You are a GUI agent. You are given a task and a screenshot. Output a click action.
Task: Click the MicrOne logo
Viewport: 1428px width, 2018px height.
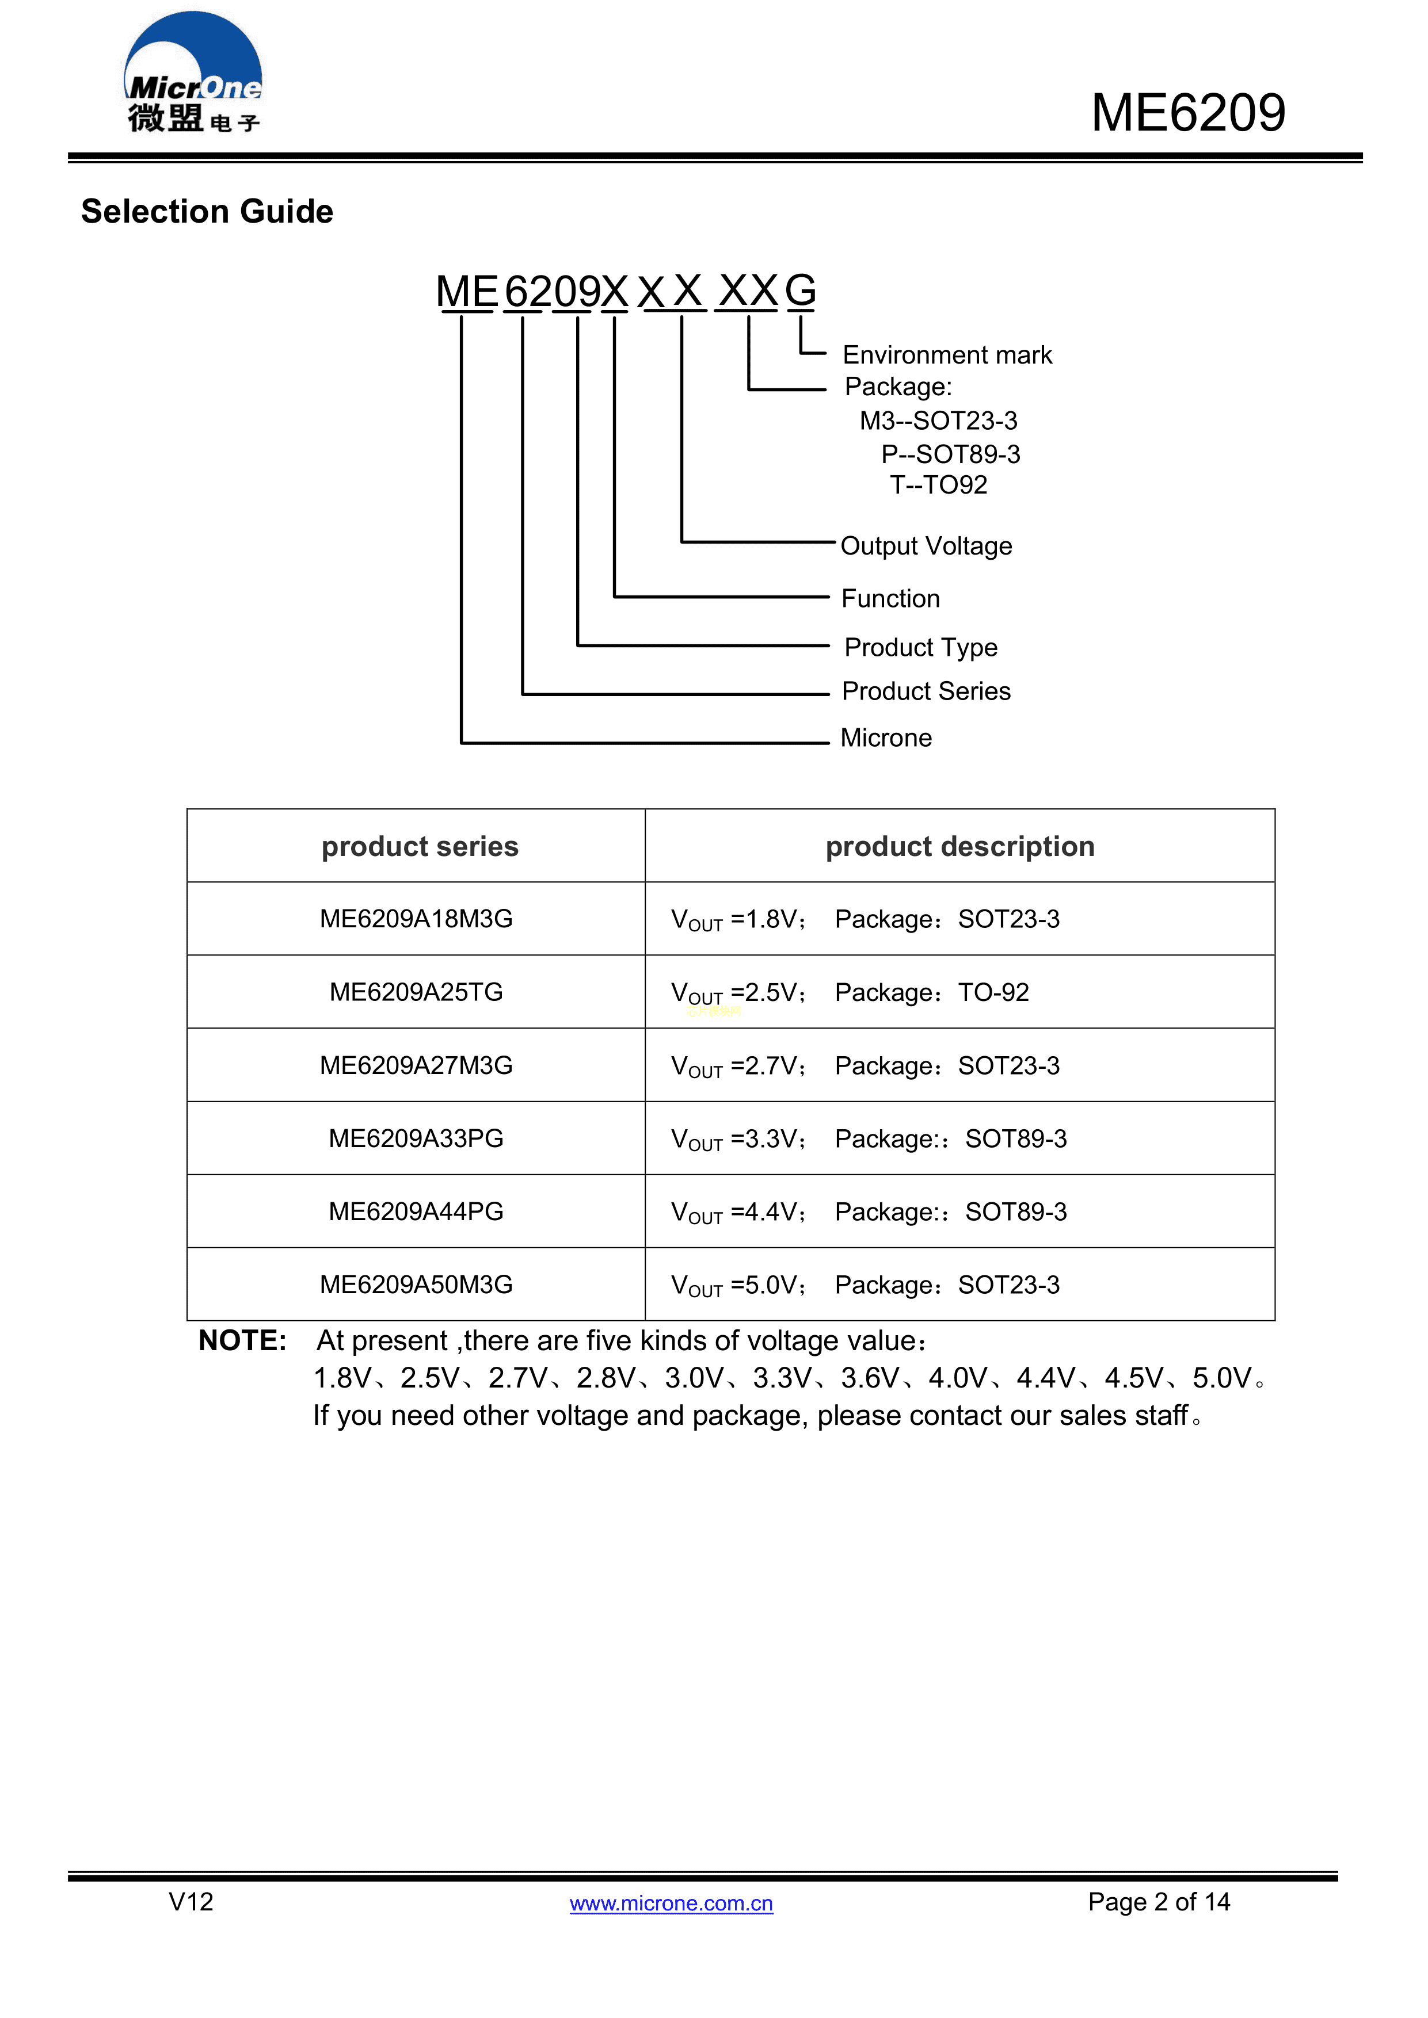coord(193,75)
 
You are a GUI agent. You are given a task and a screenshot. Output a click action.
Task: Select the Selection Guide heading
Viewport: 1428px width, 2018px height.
coord(208,212)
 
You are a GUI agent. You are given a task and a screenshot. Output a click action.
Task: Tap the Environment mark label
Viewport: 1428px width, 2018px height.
coord(946,355)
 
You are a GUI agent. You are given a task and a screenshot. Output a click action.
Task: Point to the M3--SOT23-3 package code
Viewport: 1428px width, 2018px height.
coord(938,421)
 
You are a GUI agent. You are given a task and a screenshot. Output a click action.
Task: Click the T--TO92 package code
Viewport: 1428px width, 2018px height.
coord(938,485)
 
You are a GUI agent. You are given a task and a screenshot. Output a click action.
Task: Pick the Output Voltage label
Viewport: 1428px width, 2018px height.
coord(926,546)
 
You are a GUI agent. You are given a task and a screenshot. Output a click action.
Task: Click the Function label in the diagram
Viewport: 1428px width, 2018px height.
coord(890,598)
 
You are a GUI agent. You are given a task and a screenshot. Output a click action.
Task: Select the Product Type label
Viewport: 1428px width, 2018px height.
coord(920,648)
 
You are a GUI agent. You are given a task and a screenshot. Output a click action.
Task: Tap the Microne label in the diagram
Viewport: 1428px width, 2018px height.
coord(885,737)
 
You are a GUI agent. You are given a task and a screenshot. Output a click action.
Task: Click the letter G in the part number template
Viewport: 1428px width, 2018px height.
coord(799,291)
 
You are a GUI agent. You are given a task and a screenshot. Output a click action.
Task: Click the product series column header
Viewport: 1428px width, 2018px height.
coord(420,846)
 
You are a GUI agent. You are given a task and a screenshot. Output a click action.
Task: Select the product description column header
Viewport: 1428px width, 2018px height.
coord(959,846)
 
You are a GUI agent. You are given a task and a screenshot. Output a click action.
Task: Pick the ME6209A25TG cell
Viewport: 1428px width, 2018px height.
coord(416,992)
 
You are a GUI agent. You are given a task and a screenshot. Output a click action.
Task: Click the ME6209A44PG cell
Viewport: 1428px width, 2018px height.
coord(416,1212)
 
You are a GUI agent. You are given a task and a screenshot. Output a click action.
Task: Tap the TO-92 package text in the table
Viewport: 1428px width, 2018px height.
coord(993,992)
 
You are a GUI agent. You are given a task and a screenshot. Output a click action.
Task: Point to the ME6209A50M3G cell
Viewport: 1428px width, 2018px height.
coord(416,1285)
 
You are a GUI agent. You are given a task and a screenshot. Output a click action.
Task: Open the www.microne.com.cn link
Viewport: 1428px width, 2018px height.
coord(671,1903)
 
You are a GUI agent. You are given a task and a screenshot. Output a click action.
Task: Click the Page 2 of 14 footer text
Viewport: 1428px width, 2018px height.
coord(1158,1902)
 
